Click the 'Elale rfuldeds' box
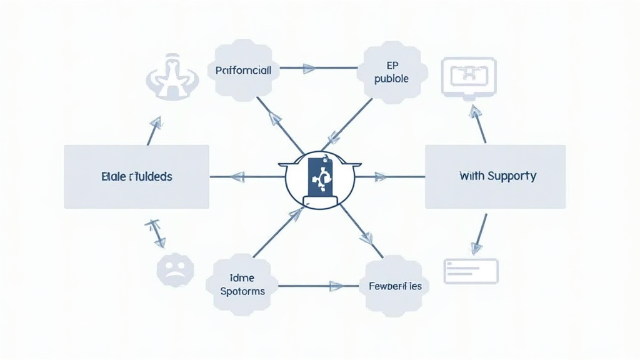point(136,176)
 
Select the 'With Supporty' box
point(495,176)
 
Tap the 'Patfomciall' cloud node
point(243,71)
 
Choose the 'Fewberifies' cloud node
point(392,286)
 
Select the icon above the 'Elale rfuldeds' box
point(172,77)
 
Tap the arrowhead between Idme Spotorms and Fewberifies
point(336,286)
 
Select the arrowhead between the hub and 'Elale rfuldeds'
point(238,177)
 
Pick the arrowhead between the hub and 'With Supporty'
point(379,177)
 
